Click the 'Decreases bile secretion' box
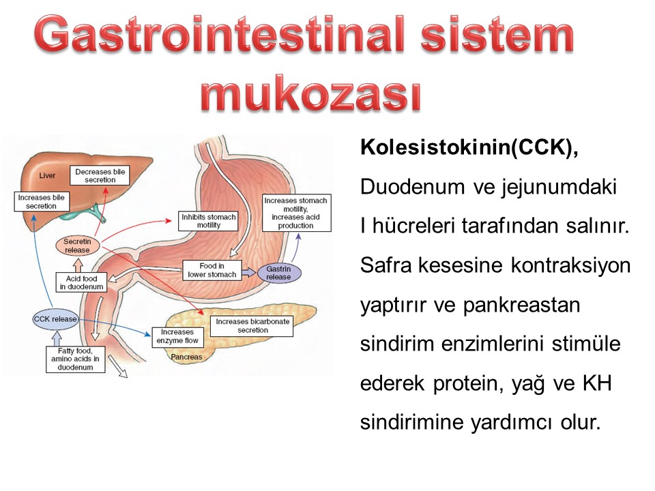[x=100, y=175]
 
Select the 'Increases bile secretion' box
[x=41, y=202]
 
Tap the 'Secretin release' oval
[x=78, y=246]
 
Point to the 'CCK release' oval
[x=55, y=319]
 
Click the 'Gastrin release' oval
[x=278, y=273]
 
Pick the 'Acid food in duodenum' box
[x=81, y=282]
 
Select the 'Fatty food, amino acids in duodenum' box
[x=75, y=359]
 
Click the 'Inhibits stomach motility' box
[x=209, y=221]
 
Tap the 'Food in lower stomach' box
[x=212, y=270]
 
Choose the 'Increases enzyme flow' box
[x=177, y=336]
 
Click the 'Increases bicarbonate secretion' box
[x=252, y=326]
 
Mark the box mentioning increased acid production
[x=295, y=213]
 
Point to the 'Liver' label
[x=47, y=175]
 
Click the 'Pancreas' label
[x=186, y=357]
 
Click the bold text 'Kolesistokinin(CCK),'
[x=469, y=147]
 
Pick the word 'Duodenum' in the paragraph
[x=413, y=187]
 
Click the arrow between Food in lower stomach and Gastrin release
[x=249, y=272]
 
